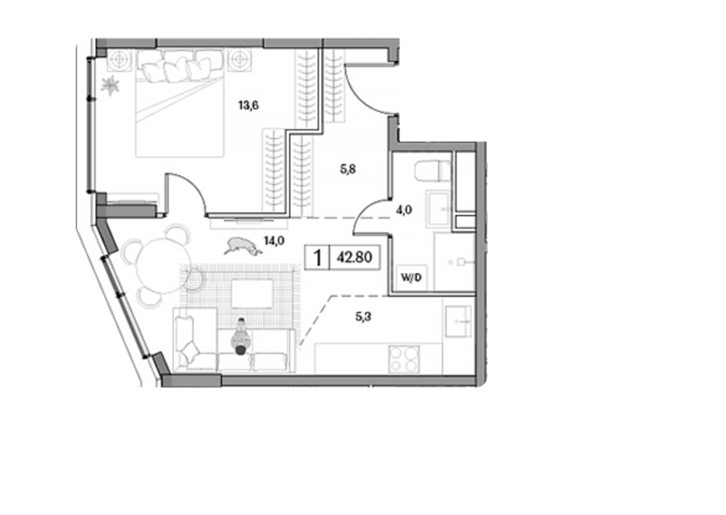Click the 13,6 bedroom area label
click(x=248, y=106)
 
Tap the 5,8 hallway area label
click(x=348, y=170)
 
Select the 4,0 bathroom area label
click(x=404, y=210)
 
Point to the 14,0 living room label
click(x=273, y=241)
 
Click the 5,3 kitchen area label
click(x=364, y=317)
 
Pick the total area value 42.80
click(x=354, y=257)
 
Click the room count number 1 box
click(x=317, y=257)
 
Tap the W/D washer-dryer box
click(x=411, y=278)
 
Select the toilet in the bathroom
click(x=432, y=171)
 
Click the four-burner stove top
click(x=404, y=359)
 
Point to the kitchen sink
click(x=458, y=321)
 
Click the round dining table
click(x=161, y=266)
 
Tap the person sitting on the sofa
click(x=240, y=337)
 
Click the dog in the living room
click(x=243, y=246)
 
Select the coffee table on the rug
click(x=252, y=294)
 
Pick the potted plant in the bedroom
click(x=111, y=86)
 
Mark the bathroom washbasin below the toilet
click(x=437, y=209)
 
